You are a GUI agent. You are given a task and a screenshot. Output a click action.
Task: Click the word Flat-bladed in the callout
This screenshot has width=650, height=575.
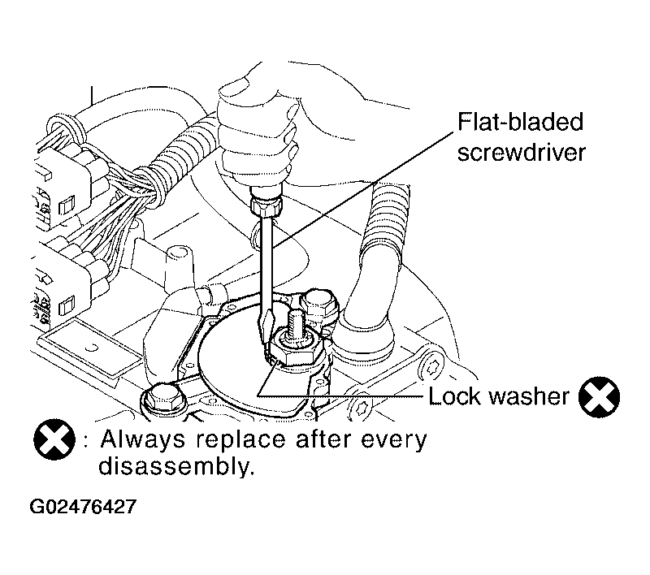(520, 121)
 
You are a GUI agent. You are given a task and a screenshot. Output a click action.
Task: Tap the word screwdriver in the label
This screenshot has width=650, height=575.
(522, 152)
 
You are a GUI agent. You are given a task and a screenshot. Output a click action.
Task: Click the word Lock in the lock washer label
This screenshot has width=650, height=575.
(455, 396)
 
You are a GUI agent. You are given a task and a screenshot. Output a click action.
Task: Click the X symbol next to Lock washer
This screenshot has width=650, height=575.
(599, 396)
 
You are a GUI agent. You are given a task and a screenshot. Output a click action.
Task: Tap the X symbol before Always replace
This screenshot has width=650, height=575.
(54, 439)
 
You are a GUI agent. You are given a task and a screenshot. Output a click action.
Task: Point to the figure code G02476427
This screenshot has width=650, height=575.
(83, 506)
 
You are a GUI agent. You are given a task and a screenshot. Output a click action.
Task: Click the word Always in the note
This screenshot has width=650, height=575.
(143, 440)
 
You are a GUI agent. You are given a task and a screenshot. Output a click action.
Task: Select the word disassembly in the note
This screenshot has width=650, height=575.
(175, 466)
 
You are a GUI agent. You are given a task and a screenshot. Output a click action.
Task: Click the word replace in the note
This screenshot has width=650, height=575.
(240, 441)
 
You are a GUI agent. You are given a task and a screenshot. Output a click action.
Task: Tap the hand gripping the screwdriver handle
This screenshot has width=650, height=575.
(258, 128)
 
